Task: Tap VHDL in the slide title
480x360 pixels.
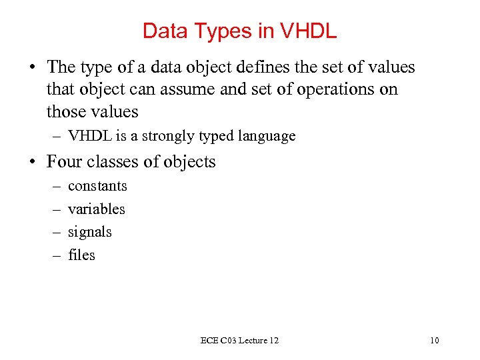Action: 310,31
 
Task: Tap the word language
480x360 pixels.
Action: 266,137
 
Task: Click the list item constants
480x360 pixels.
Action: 97,186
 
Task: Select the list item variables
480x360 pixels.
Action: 97,209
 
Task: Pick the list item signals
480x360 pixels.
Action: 90,232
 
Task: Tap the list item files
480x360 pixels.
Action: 81,255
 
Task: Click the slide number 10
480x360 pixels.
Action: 435,341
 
